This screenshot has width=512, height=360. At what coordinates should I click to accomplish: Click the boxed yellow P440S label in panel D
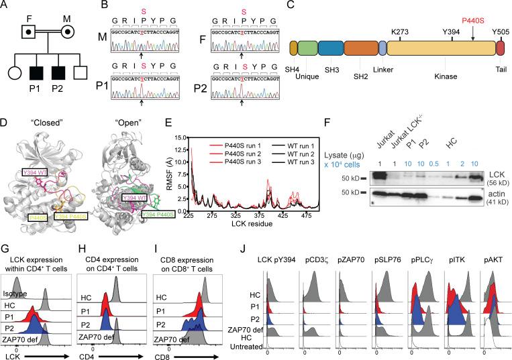(38, 217)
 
